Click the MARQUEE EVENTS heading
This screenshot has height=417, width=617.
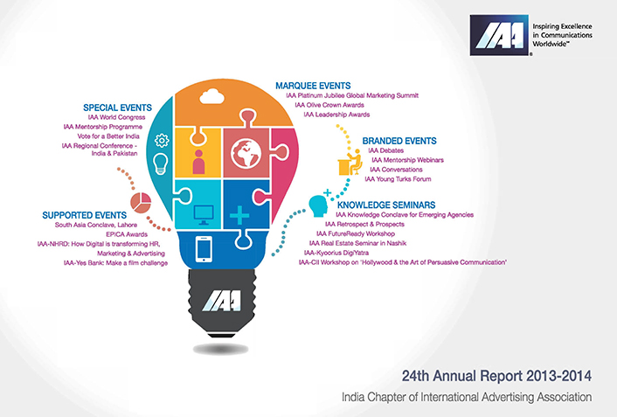(313, 86)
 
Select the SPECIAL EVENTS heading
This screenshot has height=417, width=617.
(117, 108)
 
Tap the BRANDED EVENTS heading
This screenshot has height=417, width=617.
(399, 141)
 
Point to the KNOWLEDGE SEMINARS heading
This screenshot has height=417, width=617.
(386, 205)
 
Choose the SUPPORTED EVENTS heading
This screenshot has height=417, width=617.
(85, 215)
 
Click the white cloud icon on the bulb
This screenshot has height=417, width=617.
(211, 96)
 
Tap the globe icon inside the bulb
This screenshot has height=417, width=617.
(246, 154)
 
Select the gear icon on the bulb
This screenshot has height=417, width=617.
(162, 141)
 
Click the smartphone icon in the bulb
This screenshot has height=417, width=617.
(204, 249)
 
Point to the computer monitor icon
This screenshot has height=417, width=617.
(204, 215)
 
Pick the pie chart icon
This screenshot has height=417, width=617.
(141, 203)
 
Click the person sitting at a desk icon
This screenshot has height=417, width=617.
(350, 162)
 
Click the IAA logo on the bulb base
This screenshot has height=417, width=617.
(222, 301)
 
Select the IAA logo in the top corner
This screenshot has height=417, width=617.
(499, 35)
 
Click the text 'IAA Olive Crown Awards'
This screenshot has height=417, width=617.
(329, 105)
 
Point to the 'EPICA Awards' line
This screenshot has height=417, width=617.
(127, 234)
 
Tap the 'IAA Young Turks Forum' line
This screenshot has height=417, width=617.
(398, 179)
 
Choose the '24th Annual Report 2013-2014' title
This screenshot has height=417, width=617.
(496, 376)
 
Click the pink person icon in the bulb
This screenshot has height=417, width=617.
(198, 162)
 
